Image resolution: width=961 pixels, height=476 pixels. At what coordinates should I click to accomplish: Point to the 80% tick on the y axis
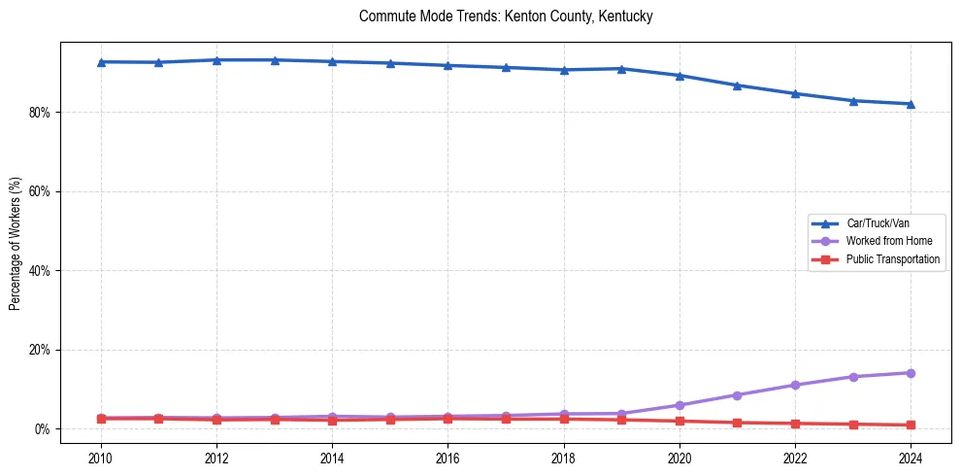[40, 113]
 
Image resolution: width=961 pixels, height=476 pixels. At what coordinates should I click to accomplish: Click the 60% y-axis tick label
[40, 191]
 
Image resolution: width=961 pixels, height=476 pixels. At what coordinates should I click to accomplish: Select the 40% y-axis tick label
[40, 271]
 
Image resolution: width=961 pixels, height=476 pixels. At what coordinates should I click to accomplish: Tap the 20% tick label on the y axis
[40, 350]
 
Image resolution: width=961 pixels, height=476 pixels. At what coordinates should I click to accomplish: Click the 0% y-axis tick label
[43, 429]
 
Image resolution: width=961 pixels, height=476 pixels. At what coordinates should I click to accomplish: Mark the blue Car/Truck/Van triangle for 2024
[911, 104]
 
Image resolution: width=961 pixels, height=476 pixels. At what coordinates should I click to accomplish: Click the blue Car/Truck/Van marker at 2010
[100, 62]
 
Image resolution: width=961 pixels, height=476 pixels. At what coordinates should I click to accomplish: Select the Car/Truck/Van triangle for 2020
[679, 76]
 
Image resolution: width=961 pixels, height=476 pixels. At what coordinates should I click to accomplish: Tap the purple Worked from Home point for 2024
[911, 373]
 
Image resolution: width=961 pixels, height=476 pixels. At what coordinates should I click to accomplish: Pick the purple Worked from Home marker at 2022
[795, 386]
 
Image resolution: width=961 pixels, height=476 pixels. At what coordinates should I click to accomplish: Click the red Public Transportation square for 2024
[911, 425]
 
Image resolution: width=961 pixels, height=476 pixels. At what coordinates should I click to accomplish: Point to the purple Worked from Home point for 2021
[737, 395]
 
